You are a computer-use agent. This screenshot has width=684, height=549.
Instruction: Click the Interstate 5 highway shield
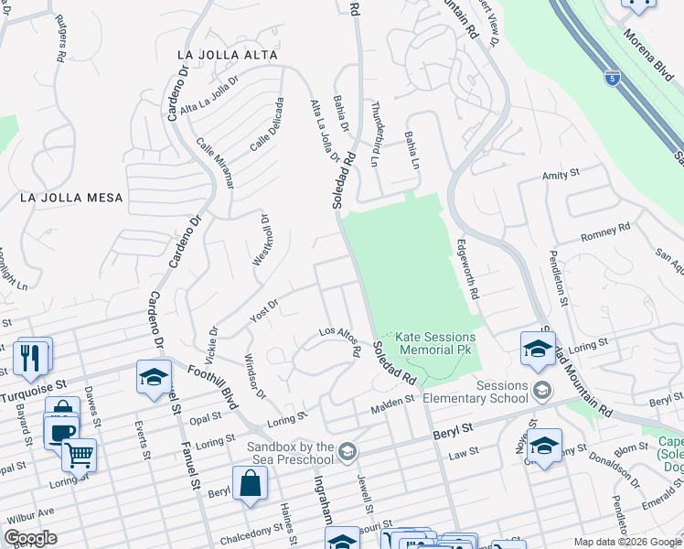612,78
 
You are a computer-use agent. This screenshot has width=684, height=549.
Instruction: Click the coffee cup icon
61,431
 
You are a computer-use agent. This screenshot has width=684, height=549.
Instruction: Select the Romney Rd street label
606,233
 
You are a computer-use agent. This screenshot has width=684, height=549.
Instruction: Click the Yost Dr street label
262,309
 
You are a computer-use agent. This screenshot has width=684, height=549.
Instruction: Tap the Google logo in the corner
30,538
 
